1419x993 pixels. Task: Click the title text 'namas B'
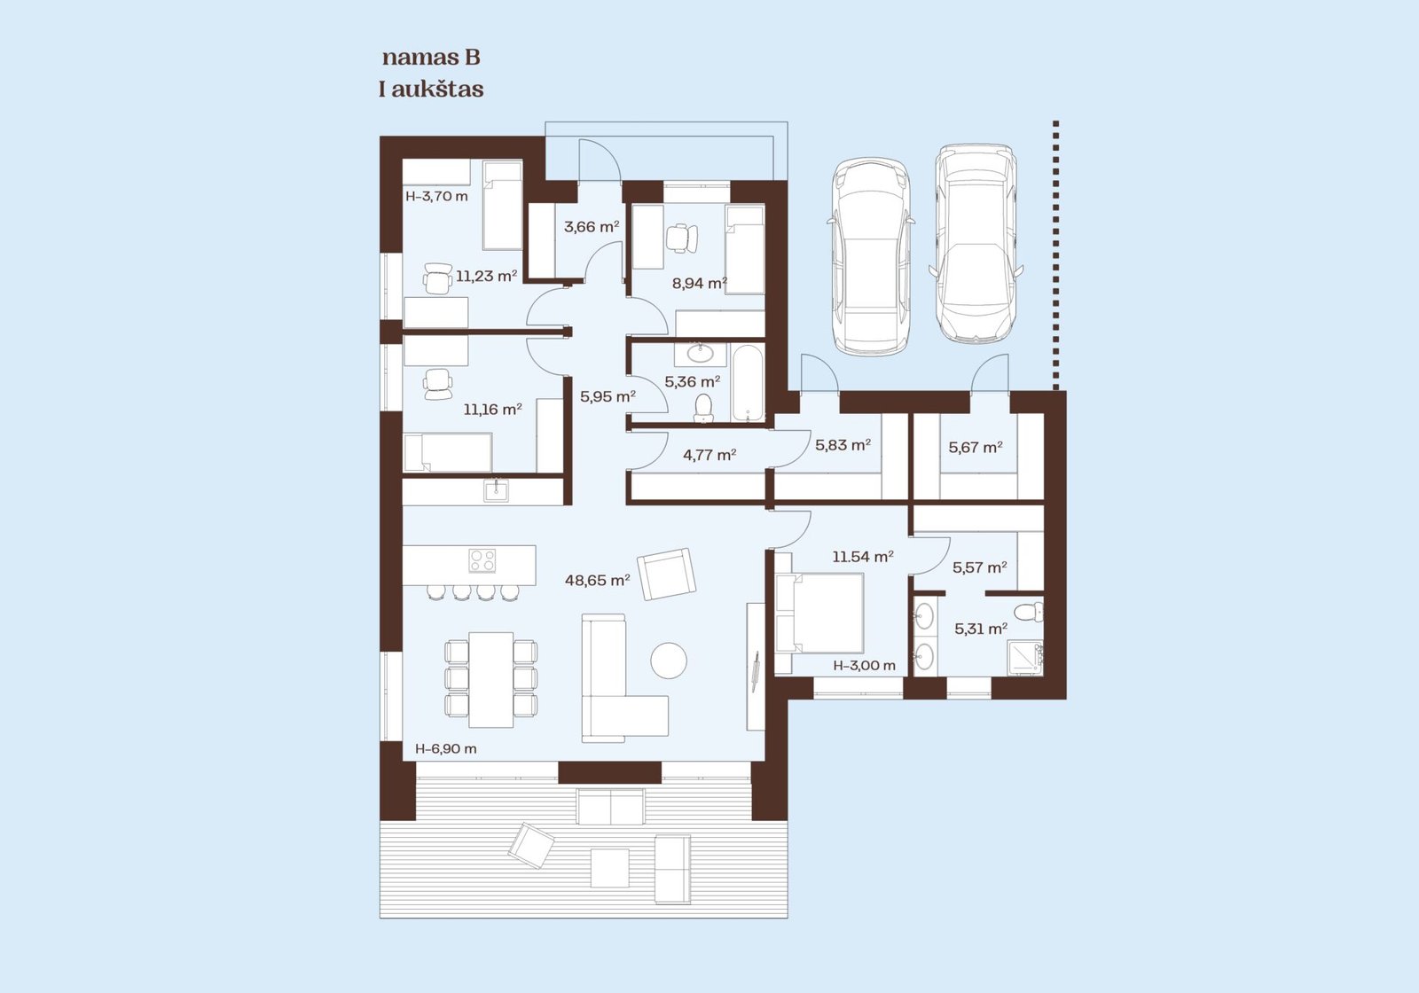pyautogui.click(x=431, y=58)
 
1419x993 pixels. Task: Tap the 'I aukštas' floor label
pyautogui.click(x=431, y=90)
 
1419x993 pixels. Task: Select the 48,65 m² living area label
pyautogui.click(x=598, y=580)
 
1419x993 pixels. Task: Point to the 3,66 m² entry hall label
pyautogui.click(x=592, y=227)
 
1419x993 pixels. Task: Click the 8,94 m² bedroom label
pyautogui.click(x=700, y=283)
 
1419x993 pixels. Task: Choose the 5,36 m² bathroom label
pyautogui.click(x=693, y=382)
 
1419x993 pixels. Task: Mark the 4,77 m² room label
pyautogui.click(x=709, y=455)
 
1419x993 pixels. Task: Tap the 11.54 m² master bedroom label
pyautogui.click(x=863, y=558)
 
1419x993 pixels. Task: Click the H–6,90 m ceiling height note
pyautogui.click(x=446, y=748)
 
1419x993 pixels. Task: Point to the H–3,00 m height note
pyautogui.click(x=865, y=666)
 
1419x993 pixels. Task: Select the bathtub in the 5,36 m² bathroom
pyautogui.click(x=749, y=383)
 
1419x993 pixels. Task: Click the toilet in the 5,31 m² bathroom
pyautogui.click(x=1029, y=613)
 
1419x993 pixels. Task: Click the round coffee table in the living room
pyautogui.click(x=669, y=661)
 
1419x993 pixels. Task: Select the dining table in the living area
pyautogui.click(x=491, y=679)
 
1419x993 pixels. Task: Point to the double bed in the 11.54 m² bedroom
pyautogui.click(x=819, y=613)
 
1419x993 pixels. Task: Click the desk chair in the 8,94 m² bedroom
pyautogui.click(x=681, y=238)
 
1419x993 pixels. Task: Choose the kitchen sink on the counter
pyautogui.click(x=496, y=490)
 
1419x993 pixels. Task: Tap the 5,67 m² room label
pyautogui.click(x=976, y=447)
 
